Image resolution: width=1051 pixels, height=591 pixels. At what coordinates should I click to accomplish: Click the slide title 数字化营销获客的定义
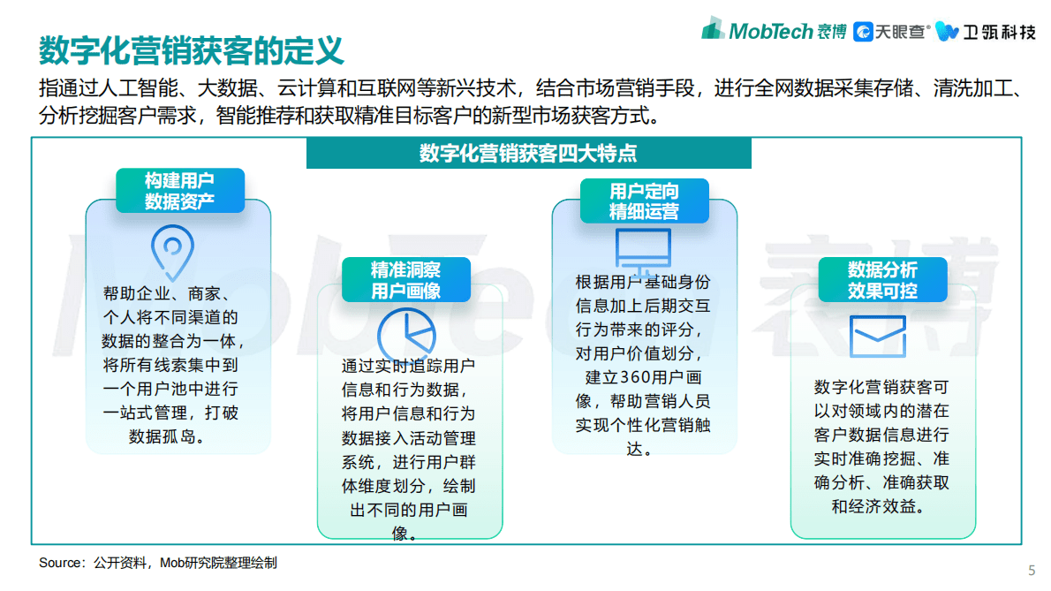pos(191,50)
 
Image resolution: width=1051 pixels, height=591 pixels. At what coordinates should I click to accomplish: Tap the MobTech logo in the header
pos(773,31)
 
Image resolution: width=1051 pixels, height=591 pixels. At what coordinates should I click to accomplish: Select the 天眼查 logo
pos(891,32)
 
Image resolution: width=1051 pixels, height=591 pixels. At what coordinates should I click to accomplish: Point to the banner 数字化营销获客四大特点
pos(528,153)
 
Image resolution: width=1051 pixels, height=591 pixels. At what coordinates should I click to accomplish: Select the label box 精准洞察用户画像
pos(405,280)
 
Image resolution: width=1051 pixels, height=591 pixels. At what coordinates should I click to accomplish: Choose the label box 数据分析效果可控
pos(882,280)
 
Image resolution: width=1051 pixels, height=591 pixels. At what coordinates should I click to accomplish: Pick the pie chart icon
pos(406,337)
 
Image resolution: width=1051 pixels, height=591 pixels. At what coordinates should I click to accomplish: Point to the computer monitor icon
pos(642,251)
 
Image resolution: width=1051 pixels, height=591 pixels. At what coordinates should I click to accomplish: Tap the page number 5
pos(1032,569)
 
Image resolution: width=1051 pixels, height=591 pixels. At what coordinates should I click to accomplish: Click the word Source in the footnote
pos(58,563)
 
